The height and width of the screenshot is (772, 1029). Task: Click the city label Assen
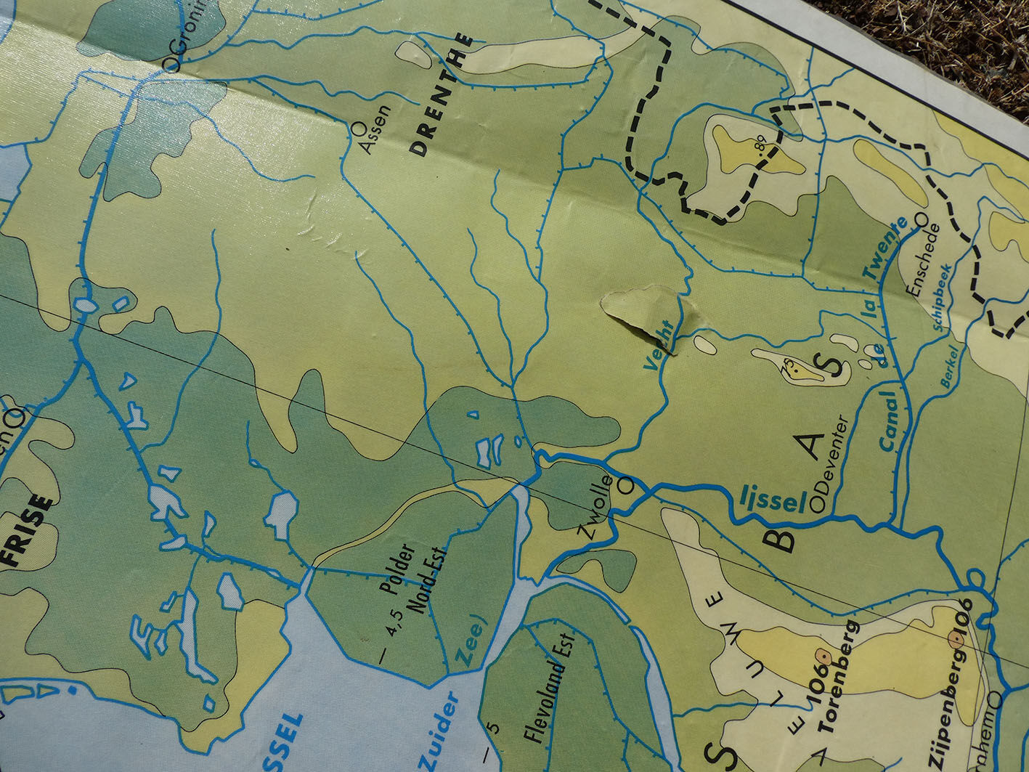click(x=375, y=131)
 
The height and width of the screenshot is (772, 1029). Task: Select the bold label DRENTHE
click(x=440, y=97)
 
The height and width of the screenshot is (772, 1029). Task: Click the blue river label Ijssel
click(x=772, y=499)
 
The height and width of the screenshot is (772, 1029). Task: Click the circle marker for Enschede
click(x=922, y=218)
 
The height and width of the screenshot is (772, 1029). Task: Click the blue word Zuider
click(x=441, y=731)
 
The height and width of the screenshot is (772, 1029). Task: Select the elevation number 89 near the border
click(x=760, y=149)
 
